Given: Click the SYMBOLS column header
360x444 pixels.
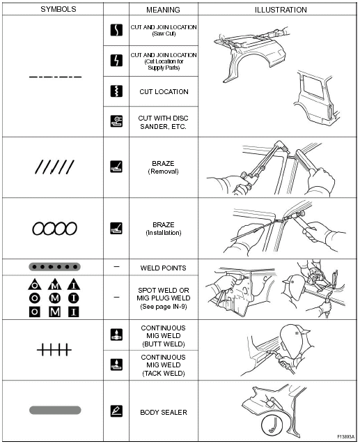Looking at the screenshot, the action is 58,9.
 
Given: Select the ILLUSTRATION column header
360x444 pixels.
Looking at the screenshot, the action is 281,10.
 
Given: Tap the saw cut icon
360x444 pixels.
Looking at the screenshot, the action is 116,30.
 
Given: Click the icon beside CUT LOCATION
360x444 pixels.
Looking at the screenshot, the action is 116,91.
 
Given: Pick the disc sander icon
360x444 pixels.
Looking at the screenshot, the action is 116,121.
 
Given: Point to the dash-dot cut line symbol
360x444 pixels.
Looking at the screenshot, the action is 55,77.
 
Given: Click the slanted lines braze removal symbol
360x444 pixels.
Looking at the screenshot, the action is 54,167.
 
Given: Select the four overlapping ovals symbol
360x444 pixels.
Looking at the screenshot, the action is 54,229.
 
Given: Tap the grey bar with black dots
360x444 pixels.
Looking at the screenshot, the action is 54,267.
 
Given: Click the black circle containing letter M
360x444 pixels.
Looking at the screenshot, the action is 54,298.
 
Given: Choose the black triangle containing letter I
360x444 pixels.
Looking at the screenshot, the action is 74,284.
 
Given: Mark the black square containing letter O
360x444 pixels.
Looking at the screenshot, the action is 35,312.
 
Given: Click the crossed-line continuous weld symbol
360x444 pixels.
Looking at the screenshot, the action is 54,350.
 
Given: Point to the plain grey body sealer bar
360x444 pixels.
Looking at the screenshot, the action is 55,410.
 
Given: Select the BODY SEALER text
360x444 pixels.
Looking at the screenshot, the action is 164,413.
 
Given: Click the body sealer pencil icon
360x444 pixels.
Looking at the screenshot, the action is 116,411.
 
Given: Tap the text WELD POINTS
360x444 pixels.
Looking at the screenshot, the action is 163,268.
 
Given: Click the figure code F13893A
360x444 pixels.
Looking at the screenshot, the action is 345,437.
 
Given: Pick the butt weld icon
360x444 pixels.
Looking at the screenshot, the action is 116,335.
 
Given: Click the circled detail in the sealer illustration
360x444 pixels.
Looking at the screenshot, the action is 272,425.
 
